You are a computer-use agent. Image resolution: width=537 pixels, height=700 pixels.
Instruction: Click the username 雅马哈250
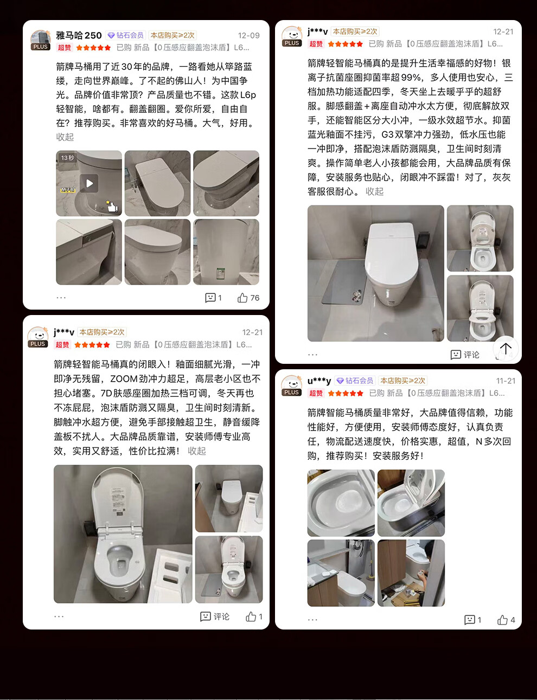pyautogui.click(x=79, y=35)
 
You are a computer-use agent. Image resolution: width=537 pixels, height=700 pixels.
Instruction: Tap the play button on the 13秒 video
pyautogui.click(x=90, y=183)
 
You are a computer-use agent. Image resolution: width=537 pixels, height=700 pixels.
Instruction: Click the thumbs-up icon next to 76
pyautogui.click(x=242, y=298)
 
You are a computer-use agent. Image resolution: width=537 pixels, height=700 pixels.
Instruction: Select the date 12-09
pyautogui.click(x=248, y=35)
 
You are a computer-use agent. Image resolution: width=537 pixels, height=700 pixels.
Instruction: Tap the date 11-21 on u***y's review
pyautogui.click(x=506, y=381)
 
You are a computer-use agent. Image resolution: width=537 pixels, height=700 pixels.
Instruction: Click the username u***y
pyautogui.click(x=319, y=381)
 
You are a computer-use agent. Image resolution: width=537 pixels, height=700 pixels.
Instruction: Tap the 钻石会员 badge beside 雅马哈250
pyautogui.click(x=126, y=35)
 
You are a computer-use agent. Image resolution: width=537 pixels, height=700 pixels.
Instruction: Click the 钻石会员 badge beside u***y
pyautogui.click(x=355, y=381)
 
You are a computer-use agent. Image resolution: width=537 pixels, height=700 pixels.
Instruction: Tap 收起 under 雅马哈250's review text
pyautogui.click(x=65, y=137)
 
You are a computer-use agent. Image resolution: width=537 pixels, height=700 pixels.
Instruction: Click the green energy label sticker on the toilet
pyautogui.click(x=221, y=273)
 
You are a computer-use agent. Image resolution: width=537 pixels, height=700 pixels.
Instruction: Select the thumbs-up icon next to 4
pyautogui.click(x=502, y=620)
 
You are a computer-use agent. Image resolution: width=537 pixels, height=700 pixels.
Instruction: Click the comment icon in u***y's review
pyautogui.click(x=469, y=620)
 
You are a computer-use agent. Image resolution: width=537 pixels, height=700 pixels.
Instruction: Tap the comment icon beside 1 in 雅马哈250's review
pyautogui.click(x=210, y=298)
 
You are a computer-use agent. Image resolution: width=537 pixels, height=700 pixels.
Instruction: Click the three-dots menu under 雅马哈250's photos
pyautogui.click(x=61, y=298)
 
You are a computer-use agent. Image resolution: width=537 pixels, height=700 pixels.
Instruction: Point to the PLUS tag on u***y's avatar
pyautogui.click(x=291, y=393)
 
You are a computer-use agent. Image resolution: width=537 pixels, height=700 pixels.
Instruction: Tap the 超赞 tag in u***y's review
pyautogui.click(x=316, y=393)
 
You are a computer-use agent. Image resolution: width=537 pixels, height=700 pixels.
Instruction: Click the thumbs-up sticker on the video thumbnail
pyautogui.click(x=112, y=206)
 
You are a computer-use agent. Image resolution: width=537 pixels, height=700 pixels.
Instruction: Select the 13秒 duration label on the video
pyautogui.click(x=67, y=158)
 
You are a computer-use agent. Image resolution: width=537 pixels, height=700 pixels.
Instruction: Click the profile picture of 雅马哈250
pyautogui.click(x=40, y=40)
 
